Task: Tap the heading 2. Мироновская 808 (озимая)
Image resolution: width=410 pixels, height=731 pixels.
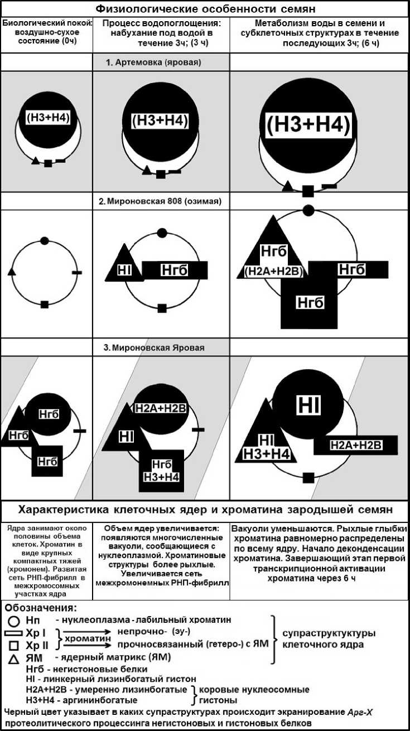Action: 161,201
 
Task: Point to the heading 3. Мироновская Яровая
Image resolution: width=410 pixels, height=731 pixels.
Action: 158,347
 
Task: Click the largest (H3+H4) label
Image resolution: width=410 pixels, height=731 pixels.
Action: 308,125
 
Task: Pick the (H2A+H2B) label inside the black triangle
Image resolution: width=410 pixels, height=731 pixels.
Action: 273,272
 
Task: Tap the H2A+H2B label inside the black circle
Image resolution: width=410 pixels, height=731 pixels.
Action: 161,408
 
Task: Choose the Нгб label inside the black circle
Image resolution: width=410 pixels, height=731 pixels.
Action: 49,414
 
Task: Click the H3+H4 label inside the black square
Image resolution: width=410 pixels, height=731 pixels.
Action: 161,477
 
